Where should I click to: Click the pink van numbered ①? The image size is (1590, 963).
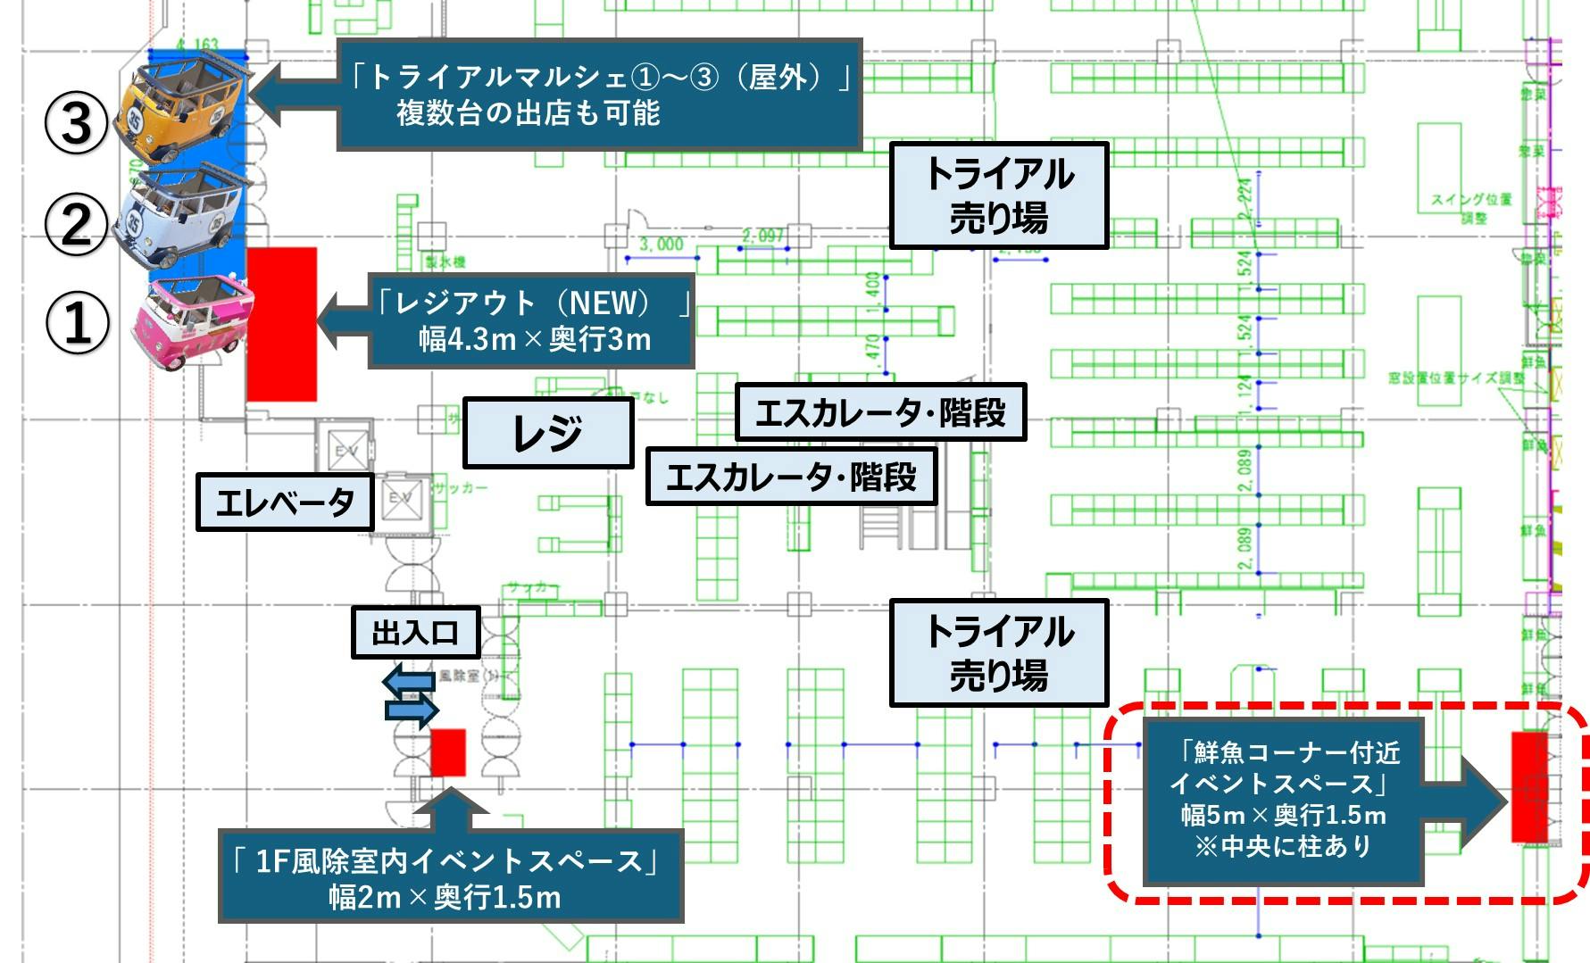point(191,321)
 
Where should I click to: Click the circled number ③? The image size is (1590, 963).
point(76,122)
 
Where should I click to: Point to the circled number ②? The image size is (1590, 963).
point(76,223)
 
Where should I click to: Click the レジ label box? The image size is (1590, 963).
point(547,433)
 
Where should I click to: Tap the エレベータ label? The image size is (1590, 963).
point(284,503)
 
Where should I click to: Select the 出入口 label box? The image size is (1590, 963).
point(415,633)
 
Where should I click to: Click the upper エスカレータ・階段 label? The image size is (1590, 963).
point(880,412)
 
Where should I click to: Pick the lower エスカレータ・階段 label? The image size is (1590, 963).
point(791,477)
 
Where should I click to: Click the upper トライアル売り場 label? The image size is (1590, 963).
point(998,195)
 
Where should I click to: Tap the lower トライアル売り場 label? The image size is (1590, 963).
point(998,652)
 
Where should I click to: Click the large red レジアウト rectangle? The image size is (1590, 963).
point(281,324)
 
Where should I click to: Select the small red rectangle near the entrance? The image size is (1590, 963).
point(448,752)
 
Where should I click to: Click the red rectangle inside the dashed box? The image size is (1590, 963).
point(1528,786)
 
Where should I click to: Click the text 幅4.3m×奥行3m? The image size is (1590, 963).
point(535,339)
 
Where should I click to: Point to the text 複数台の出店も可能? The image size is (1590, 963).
point(528,113)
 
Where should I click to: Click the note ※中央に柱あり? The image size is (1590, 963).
point(1282,845)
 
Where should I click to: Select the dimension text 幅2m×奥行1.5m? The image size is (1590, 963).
point(445,896)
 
